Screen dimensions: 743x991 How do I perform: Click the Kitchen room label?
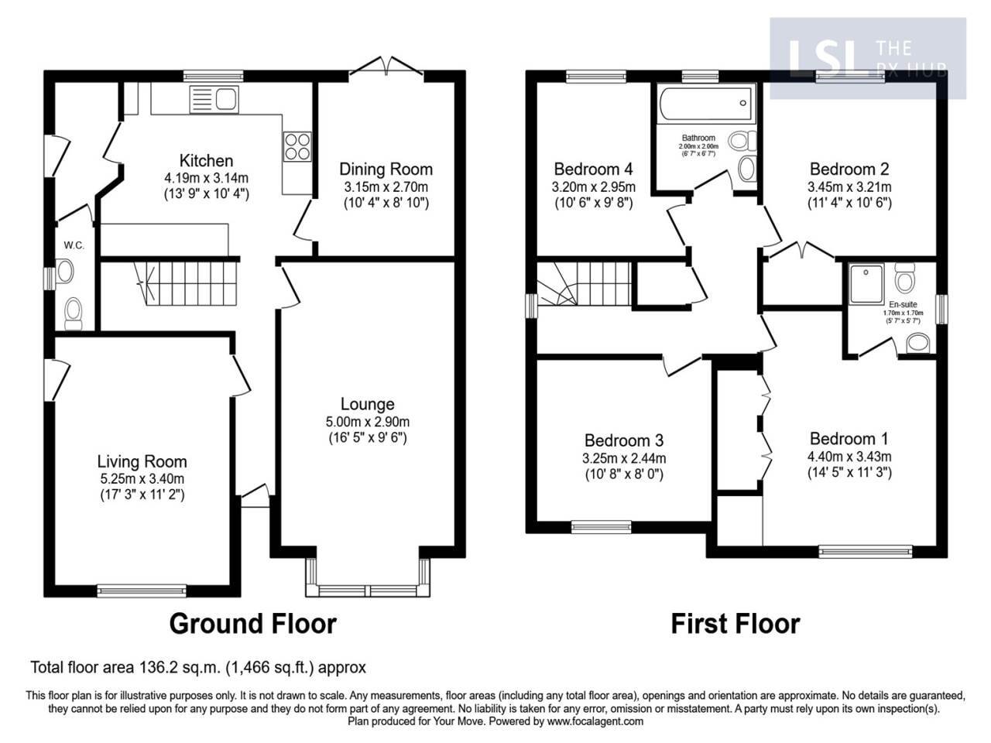click(206, 161)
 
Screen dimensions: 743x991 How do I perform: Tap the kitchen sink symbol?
click(214, 99)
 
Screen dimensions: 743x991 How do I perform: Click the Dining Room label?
click(386, 169)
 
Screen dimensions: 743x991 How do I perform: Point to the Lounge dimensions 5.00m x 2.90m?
click(368, 422)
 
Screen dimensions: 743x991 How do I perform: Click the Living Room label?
click(141, 461)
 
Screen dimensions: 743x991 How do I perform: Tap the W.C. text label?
click(74, 245)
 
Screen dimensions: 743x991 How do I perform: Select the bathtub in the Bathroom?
click(705, 101)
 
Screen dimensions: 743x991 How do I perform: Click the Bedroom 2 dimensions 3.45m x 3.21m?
click(849, 187)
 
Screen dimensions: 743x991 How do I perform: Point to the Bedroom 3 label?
click(624, 440)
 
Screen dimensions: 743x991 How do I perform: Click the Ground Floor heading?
click(252, 623)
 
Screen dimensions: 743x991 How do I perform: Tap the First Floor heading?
click(735, 623)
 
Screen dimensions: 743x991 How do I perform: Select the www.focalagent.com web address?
click(595, 721)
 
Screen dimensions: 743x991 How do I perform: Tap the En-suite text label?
click(903, 305)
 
